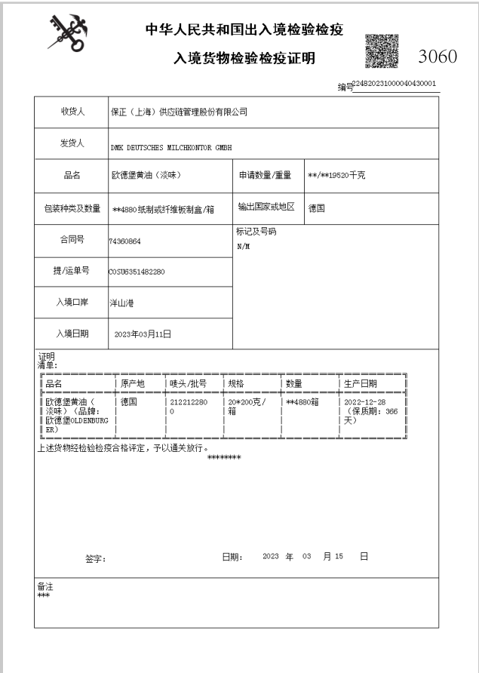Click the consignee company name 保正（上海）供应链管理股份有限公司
[180, 113]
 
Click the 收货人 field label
[72, 112]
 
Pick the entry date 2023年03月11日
[143, 333]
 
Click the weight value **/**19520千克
[337, 177]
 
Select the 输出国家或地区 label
[268, 207]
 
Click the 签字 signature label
[96, 559]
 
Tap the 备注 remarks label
[45, 585]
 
